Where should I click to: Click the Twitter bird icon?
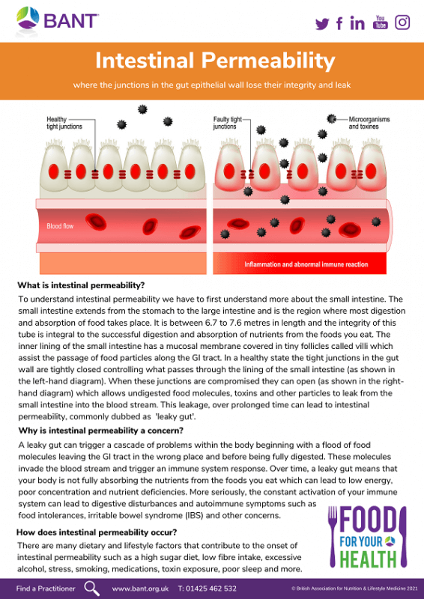(323, 23)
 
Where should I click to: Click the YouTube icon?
(381, 22)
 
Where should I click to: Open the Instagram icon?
(403, 22)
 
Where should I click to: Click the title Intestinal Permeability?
(212, 60)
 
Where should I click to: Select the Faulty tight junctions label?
(228, 123)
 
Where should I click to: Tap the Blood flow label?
(60, 225)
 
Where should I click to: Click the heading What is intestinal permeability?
(81, 285)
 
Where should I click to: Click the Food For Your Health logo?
(366, 536)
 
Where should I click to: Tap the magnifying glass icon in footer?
(92, 588)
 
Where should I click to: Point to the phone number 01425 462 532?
(208, 589)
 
